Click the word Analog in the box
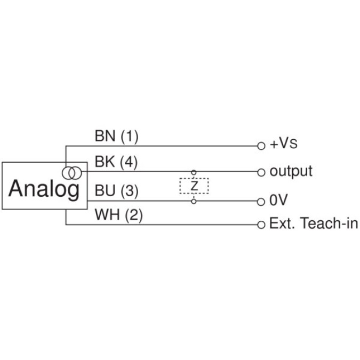(x=44, y=188)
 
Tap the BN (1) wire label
(x=116, y=137)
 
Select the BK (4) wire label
(x=116, y=163)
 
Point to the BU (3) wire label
(x=116, y=190)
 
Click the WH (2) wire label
(x=118, y=216)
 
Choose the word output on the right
(x=291, y=172)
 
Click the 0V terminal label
(x=278, y=201)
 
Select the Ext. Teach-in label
(x=314, y=223)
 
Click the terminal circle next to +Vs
(x=261, y=145)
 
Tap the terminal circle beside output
(x=261, y=172)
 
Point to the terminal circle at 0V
(x=261, y=202)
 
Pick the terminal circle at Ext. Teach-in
(x=261, y=224)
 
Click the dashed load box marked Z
(x=194, y=186)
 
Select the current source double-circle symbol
(x=71, y=172)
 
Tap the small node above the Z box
(x=194, y=172)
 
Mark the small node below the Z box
(x=194, y=201)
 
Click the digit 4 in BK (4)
(x=127, y=163)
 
